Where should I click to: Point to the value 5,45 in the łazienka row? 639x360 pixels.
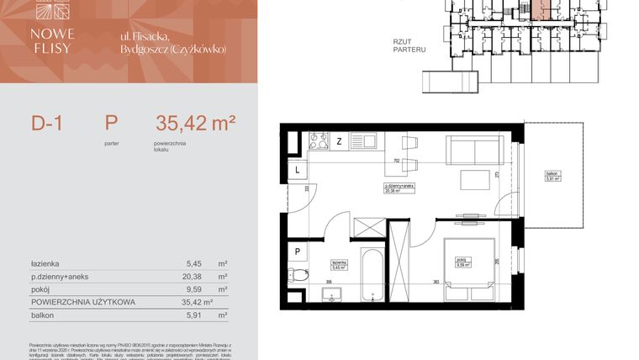[x=193, y=262]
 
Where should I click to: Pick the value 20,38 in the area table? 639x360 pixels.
[x=193, y=276]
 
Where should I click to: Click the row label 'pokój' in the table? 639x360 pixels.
[x=41, y=289]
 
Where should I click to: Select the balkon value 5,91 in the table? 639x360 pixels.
[x=193, y=315]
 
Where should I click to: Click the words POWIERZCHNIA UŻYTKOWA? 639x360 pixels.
[x=79, y=301]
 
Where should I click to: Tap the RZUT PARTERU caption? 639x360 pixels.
[x=409, y=45]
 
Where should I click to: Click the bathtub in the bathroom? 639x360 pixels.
[x=372, y=273]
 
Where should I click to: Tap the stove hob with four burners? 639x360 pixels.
[x=319, y=140]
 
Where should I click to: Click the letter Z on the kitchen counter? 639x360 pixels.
[x=339, y=140]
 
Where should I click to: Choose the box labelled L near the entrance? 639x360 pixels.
[x=297, y=171]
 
